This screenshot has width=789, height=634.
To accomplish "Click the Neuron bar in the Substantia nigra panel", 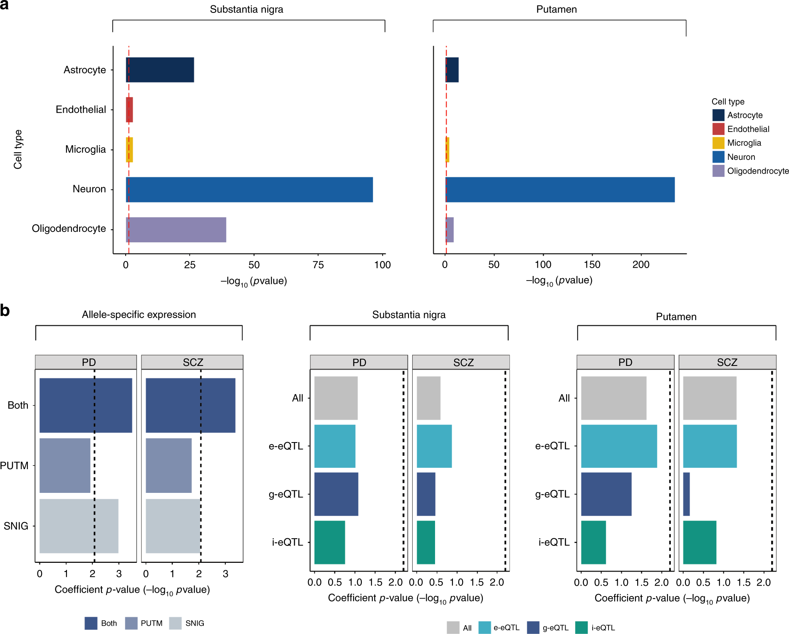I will (x=249, y=190).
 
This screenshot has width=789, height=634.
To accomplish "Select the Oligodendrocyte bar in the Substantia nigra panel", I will (x=176, y=230).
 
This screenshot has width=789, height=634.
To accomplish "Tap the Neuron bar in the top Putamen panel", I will (x=560, y=190).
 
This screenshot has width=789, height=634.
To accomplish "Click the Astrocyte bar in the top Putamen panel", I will (x=452, y=70).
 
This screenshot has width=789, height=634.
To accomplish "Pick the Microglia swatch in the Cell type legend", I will (x=718, y=143).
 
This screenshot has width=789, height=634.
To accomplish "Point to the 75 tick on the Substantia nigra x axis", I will (x=318, y=265).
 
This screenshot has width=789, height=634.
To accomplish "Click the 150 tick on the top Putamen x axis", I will (x=592, y=265).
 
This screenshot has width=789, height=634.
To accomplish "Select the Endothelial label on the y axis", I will (x=81, y=109).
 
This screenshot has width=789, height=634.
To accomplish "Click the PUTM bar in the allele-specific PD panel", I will (x=65, y=465).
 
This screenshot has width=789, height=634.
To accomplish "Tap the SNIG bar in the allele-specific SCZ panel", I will (x=173, y=526).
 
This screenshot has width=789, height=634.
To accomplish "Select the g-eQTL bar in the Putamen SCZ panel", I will (x=686, y=494).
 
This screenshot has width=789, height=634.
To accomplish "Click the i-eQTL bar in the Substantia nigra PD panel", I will (x=329, y=542).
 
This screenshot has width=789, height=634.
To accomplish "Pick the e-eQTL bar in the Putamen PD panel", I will (x=619, y=446).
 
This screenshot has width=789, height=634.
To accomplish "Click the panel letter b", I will (x=5, y=311).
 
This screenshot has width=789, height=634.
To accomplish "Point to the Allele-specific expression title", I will (x=139, y=315).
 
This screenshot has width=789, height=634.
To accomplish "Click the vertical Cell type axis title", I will (x=18, y=149).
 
